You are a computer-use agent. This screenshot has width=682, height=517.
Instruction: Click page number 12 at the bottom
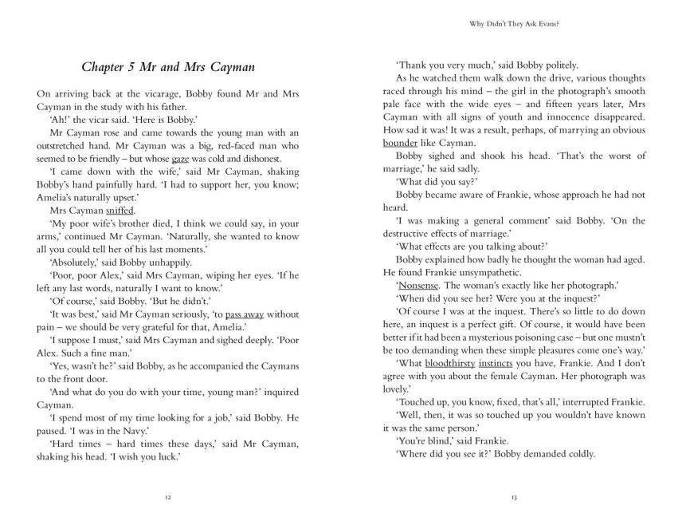(x=169, y=496)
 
